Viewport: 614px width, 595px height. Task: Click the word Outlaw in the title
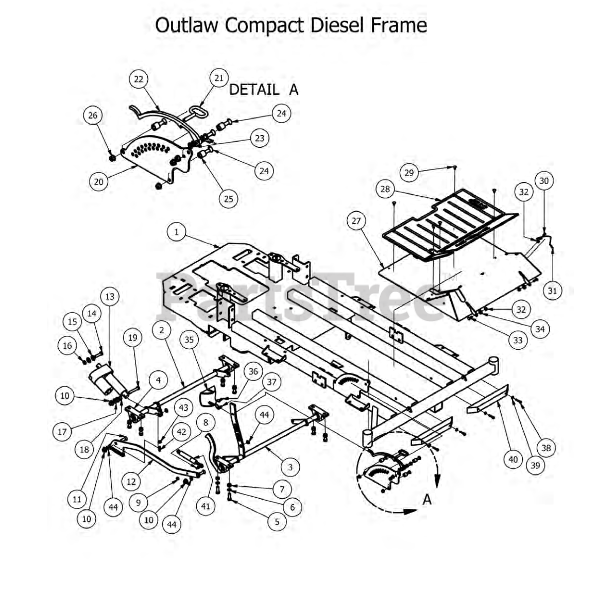point(187,25)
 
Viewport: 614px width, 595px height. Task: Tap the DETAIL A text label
point(263,89)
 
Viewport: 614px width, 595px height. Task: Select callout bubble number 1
point(177,232)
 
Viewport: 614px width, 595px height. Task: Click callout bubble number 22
point(139,79)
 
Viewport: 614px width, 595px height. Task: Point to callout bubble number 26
point(93,115)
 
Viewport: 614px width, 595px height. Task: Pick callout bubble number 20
point(98,181)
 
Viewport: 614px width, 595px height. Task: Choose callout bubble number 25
point(228,198)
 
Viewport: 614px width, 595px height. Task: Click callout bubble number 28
point(385,189)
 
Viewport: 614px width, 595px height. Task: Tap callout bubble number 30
point(544,181)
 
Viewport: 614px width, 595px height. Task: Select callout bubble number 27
point(356,221)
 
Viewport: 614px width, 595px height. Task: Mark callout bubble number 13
point(110,296)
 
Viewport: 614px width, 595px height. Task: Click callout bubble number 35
point(190,339)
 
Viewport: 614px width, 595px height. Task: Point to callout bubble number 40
point(513,459)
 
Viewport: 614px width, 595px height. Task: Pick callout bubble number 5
point(277,521)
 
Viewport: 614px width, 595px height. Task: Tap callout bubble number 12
point(131,481)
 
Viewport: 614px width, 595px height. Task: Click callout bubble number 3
point(291,467)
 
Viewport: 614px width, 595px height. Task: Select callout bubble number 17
point(62,432)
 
